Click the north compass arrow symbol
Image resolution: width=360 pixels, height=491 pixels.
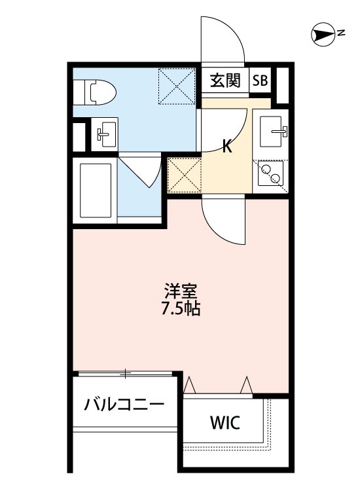tap(324, 34)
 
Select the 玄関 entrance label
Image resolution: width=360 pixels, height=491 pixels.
tap(225, 81)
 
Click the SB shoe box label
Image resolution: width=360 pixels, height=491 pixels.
tap(260, 81)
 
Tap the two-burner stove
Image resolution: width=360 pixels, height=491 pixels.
tap(270, 174)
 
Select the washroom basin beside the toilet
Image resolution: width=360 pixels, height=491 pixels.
tap(105, 134)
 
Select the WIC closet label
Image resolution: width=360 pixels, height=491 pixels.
tap(225, 422)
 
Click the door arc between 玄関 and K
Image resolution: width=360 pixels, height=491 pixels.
tap(226, 124)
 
